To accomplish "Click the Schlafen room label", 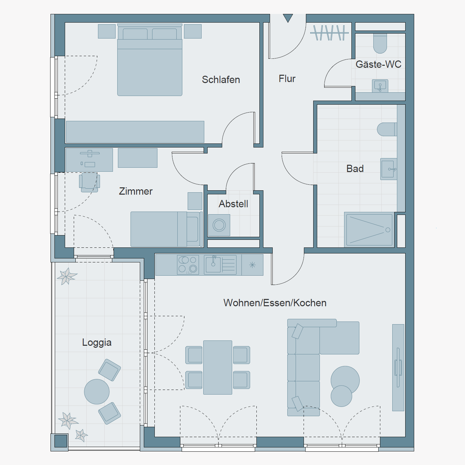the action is point(221,80).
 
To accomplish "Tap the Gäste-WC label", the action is point(378,64).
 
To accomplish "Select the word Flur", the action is point(287,79).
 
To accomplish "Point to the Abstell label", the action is point(233,204).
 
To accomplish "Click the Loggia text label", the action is point(97,343).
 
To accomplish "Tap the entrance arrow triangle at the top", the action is point(288,18).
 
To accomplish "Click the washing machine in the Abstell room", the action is point(219,225).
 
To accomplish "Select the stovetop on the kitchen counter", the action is point(188,265).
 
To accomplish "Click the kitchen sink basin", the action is point(213,265).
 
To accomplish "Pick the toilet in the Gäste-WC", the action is point(380,43).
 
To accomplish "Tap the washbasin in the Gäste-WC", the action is point(380,86).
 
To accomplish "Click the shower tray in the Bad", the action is point(369,230).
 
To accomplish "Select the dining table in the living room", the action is point(218,367).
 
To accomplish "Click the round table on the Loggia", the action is point(97,392).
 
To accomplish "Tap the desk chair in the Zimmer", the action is point(90,182).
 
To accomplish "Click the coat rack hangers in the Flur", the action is point(329,33).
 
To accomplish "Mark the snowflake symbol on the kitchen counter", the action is point(252,265).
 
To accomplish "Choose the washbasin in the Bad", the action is point(389,169).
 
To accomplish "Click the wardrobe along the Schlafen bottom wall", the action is point(135,132).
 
